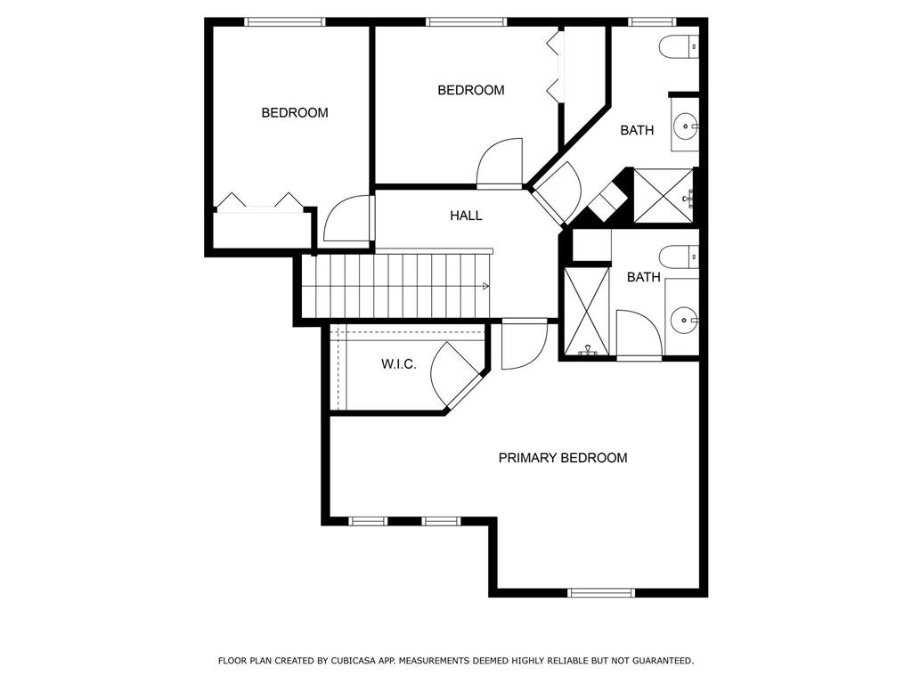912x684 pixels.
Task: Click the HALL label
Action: pyautogui.click(x=466, y=216)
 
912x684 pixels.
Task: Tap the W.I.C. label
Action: pyautogui.click(x=398, y=364)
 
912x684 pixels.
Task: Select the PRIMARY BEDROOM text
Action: pyautogui.click(x=562, y=458)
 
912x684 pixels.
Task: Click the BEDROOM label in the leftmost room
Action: pyautogui.click(x=294, y=113)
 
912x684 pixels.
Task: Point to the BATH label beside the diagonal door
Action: pyautogui.click(x=637, y=130)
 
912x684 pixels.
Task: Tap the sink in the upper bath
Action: pyautogui.click(x=686, y=126)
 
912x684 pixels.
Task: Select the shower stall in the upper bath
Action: pyautogui.click(x=663, y=195)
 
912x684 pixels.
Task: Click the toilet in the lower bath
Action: pyautogui.click(x=680, y=256)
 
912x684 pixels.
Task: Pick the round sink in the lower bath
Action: pyautogui.click(x=684, y=317)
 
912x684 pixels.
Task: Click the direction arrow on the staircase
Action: pyautogui.click(x=485, y=286)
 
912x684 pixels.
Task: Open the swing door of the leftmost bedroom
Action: pyautogui.click(x=348, y=219)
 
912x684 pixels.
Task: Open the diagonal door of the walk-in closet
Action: pyautogui.click(x=456, y=375)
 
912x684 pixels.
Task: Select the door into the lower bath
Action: pyautogui.click(x=639, y=335)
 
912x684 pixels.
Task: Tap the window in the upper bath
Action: pyautogui.click(x=652, y=21)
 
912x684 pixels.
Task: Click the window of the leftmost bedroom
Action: pyautogui.click(x=285, y=21)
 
